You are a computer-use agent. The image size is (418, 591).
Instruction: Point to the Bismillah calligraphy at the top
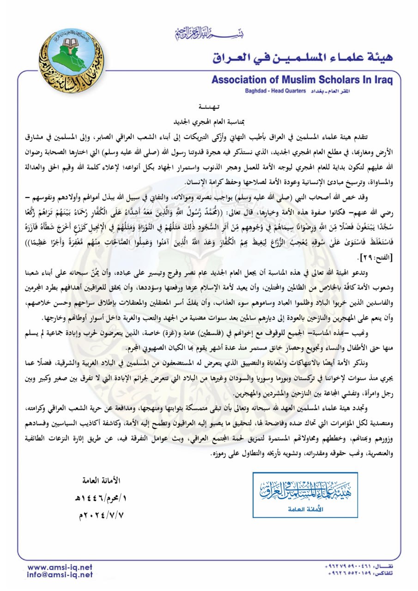(x=209, y=33)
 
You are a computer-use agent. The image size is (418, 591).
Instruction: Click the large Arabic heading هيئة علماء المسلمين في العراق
(x=303, y=58)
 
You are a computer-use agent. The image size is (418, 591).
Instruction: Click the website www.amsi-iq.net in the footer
(x=60, y=567)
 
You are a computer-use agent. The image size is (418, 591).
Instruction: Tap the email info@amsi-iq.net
(x=60, y=575)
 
